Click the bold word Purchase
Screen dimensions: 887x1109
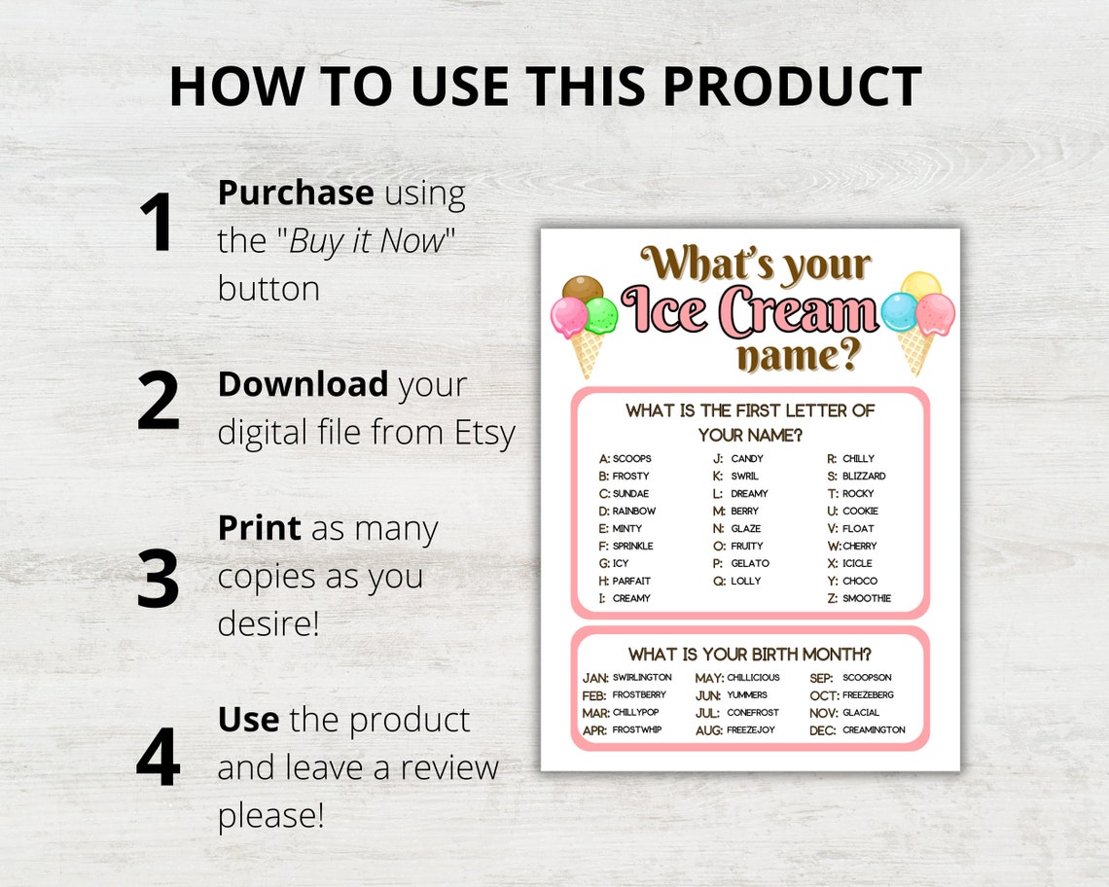296,193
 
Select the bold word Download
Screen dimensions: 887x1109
303,384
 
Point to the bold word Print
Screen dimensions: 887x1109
259,528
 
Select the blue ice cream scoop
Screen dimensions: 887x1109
899,312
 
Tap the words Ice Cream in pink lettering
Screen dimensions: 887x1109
749,311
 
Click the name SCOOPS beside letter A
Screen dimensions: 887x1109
632,459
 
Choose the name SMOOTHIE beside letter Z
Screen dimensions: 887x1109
867,599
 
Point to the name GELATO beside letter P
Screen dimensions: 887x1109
750,564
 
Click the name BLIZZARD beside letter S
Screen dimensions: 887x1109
864,477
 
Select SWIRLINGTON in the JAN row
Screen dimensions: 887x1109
642,678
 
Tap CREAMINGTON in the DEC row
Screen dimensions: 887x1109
874,730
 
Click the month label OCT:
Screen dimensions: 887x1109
823,695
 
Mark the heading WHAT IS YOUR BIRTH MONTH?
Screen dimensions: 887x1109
750,654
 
